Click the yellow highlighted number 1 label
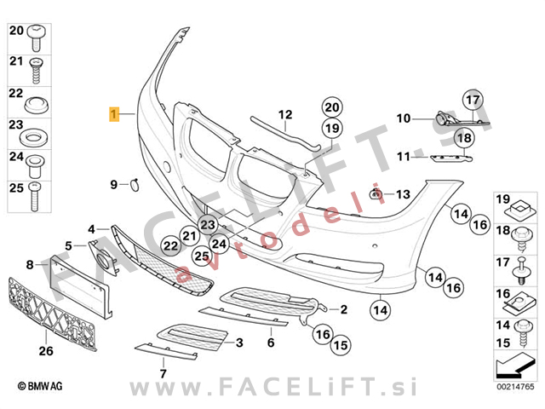114,114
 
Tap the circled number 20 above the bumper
332,107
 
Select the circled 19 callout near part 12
332,129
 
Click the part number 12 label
285,114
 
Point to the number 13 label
403,194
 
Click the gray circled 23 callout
208,224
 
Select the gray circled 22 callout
170,246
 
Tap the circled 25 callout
202,256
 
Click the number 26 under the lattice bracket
46,351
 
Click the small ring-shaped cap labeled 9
135,185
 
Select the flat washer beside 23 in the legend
33,138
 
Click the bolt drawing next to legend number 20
36,37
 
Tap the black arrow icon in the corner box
515,366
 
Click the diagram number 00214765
515,387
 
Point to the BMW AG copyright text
40,386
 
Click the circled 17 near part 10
473,101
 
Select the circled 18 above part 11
464,138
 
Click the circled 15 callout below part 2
341,345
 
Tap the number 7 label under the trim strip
163,374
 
